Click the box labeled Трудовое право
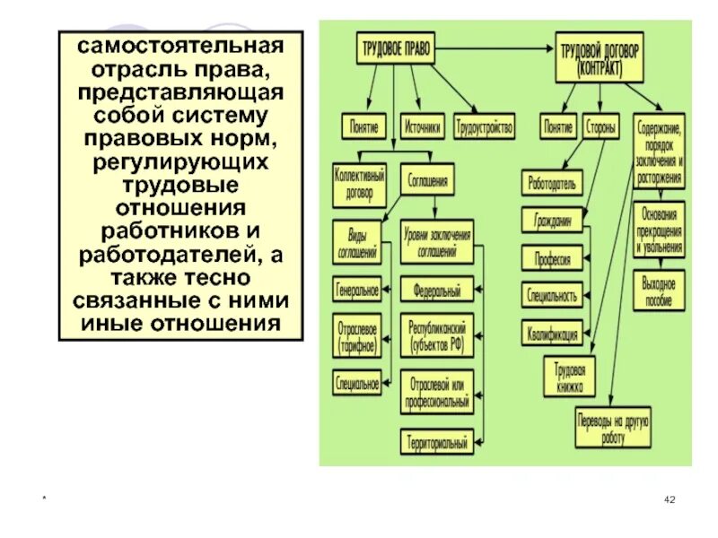397,50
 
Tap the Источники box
423,126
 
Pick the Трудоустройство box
486,126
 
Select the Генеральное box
357,291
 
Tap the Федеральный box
436,291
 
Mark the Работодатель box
553,183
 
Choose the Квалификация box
553,332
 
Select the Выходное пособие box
659,291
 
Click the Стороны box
601,127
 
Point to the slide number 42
669,499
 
